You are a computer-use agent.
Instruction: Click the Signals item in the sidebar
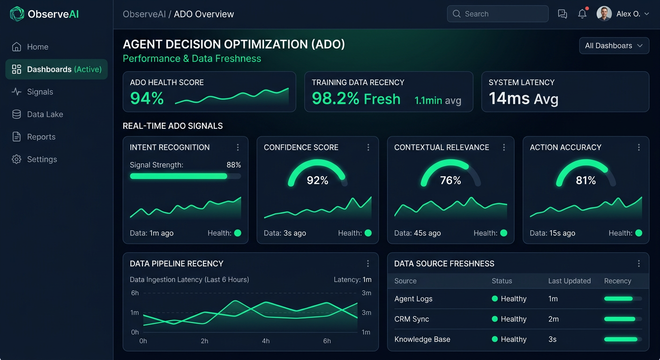[x=40, y=92]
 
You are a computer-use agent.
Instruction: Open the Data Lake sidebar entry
[x=45, y=114]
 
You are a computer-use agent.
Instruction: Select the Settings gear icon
[x=16, y=159]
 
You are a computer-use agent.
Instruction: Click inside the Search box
[x=502, y=14]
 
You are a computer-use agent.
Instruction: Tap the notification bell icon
[x=582, y=14]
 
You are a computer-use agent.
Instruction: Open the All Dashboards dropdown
[x=614, y=45]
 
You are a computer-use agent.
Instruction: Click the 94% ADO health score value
[x=147, y=98]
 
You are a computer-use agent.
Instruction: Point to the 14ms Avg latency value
[x=523, y=98]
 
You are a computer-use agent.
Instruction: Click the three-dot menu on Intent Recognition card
[x=238, y=147]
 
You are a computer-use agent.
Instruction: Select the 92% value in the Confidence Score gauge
[x=317, y=180]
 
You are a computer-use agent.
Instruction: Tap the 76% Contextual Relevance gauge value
[x=450, y=180]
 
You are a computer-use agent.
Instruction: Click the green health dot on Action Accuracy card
[x=638, y=233]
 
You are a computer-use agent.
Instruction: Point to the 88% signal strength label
[x=233, y=165]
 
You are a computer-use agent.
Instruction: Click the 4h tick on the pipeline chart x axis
[x=266, y=341]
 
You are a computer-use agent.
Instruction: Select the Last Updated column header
[x=570, y=281]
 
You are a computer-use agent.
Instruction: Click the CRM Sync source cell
[x=412, y=319]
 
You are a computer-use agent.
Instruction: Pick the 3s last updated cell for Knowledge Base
[x=553, y=339]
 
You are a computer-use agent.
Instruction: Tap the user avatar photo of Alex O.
[x=604, y=14]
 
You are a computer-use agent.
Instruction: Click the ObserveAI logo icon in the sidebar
[x=17, y=14]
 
